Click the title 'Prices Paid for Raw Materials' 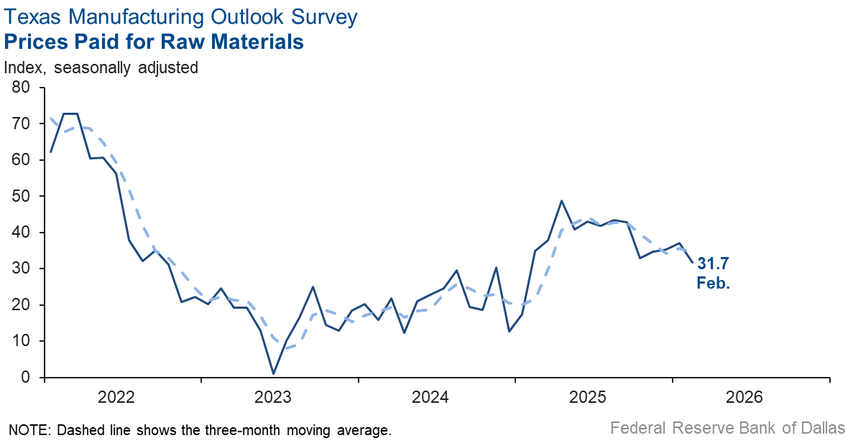pos(154,42)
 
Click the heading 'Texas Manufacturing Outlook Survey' pos(180,17)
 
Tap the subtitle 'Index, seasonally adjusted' pos(101,68)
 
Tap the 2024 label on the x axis pos(430,397)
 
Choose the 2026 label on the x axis pos(745,397)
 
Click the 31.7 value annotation pos(713,265)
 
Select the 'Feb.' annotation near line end pos(713,284)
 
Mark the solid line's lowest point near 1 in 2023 pos(273,373)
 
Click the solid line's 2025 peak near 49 pos(561,201)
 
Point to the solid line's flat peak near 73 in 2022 pos(70,113)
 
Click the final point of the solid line pos(692,262)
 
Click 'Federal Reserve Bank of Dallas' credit pos(727,429)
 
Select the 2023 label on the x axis pos(273,397)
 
